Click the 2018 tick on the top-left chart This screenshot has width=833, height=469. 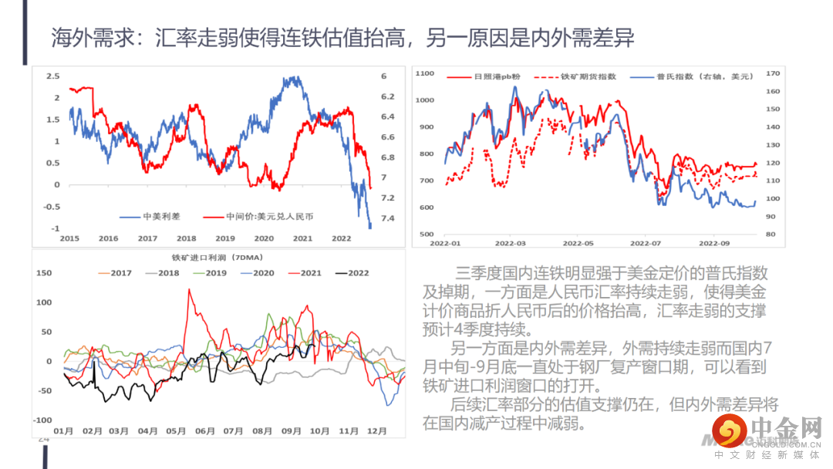(x=187, y=238)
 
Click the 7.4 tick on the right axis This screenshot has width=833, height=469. (x=388, y=218)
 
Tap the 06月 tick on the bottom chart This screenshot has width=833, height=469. (x=204, y=430)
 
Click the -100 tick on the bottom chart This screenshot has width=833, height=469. (x=42, y=420)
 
